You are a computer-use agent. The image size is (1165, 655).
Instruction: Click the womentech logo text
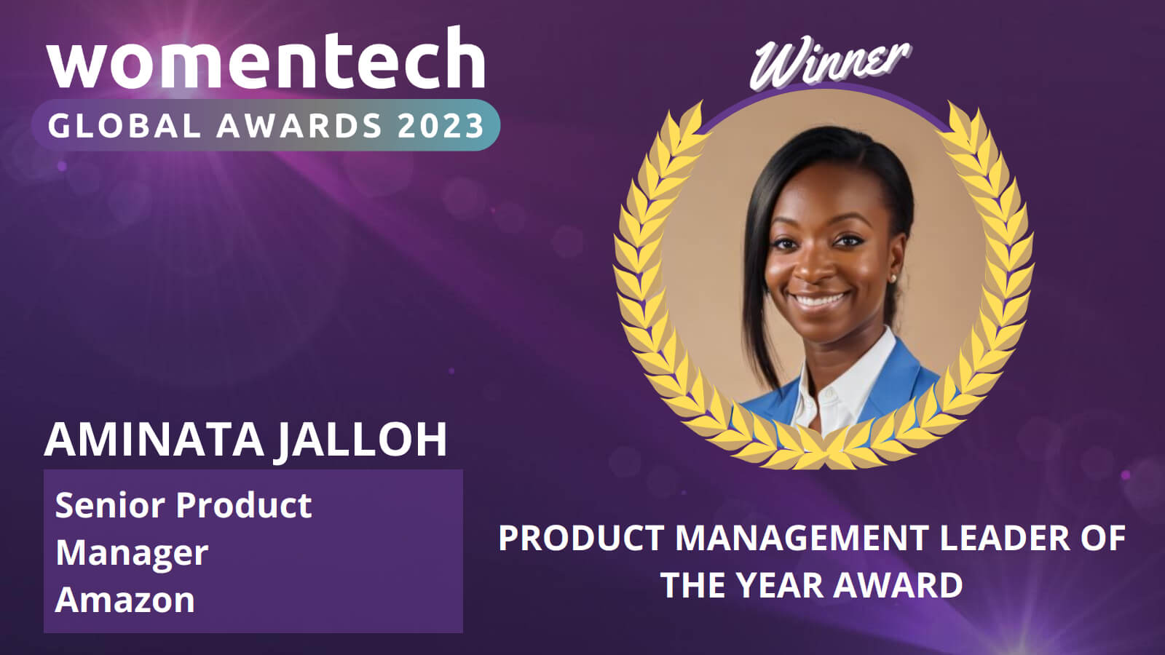pyautogui.click(x=266, y=57)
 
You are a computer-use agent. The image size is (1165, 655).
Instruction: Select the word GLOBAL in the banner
pyautogui.click(x=125, y=125)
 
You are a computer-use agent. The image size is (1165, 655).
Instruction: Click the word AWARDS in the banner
pyautogui.click(x=299, y=125)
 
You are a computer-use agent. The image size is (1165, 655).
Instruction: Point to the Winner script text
pyautogui.click(x=830, y=63)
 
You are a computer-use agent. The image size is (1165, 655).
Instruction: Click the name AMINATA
pyautogui.click(x=154, y=440)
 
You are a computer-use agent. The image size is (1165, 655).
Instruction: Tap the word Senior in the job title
pyautogui.click(x=111, y=505)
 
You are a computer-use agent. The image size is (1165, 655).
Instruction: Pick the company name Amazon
pyautogui.click(x=125, y=600)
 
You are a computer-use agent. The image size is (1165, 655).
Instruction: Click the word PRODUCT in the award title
pyautogui.click(x=582, y=538)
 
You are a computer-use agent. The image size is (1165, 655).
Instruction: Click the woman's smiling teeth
pyautogui.click(x=820, y=300)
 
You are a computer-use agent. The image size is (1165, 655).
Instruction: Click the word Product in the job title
pyautogui.click(x=244, y=505)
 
